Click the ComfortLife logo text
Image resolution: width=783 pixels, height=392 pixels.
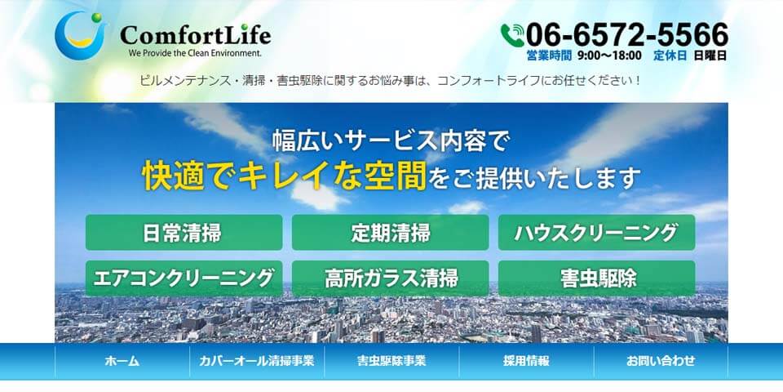point(195,34)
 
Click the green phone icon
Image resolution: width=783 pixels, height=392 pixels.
point(512,35)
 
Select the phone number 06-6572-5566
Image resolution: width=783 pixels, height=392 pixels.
point(626,34)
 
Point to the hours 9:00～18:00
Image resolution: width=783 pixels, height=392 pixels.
point(609,56)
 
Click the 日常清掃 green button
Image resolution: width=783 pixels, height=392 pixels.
point(184,233)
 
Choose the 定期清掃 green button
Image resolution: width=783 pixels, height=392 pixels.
point(390,233)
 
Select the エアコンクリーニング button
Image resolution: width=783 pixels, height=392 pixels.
point(184,278)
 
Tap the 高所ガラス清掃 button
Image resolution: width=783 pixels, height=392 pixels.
point(390,278)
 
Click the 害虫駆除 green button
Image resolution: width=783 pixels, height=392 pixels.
point(596,278)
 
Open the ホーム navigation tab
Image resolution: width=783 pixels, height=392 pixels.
point(122,361)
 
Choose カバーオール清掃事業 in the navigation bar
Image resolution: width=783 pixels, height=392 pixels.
point(257,361)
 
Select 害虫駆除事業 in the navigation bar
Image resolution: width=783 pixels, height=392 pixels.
point(391,361)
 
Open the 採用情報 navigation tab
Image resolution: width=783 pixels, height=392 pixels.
point(526,361)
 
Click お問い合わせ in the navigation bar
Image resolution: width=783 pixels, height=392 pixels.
point(661,361)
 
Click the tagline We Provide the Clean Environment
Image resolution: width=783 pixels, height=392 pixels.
point(195,52)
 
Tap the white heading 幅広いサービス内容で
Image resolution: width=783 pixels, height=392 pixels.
point(390,141)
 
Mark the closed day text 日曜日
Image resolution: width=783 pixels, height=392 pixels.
point(710,56)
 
